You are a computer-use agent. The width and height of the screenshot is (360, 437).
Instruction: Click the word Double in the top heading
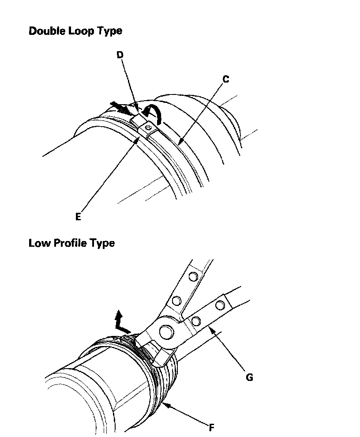click(47, 31)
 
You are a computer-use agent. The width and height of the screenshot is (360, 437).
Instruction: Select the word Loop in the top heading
click(81, 31)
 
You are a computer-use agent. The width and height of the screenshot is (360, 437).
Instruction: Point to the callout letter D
click(120, 55)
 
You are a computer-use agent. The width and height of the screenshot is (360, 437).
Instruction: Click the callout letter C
click(225, 79)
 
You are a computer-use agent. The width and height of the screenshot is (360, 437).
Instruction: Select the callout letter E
click(78, 217)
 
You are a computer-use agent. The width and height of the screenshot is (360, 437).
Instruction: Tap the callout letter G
click(249, 378)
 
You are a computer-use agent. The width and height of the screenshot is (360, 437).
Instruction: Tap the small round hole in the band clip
click(148, 128)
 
